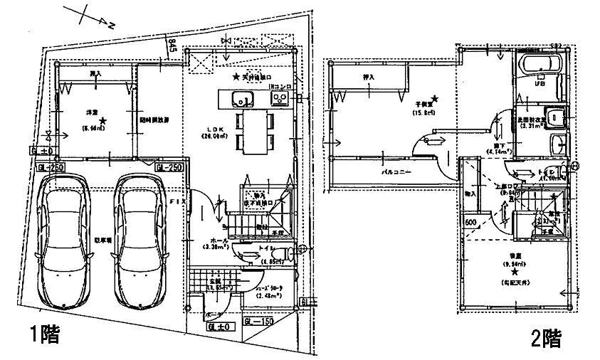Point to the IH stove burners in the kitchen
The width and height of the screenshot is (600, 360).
[x=277, y=100]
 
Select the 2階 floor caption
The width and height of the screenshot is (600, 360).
[x=546, y=339]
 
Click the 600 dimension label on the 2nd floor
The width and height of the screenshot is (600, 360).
[x=470, y=223]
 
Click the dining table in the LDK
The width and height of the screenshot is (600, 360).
[x=253, y=131]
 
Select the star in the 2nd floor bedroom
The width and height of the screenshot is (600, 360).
[x=515, y=271]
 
